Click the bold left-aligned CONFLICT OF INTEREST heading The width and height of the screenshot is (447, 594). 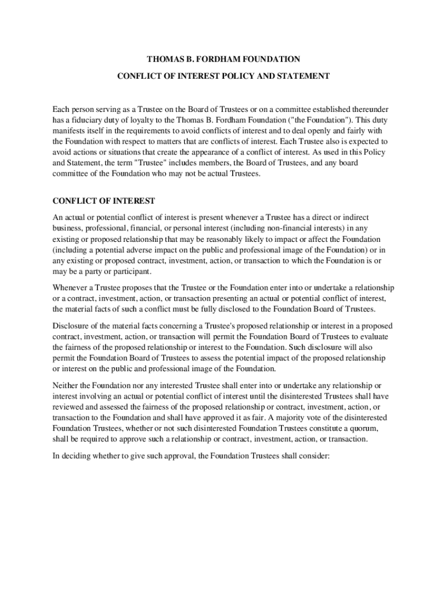pos(104,201)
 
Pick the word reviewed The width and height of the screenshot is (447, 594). pos(69,407)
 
